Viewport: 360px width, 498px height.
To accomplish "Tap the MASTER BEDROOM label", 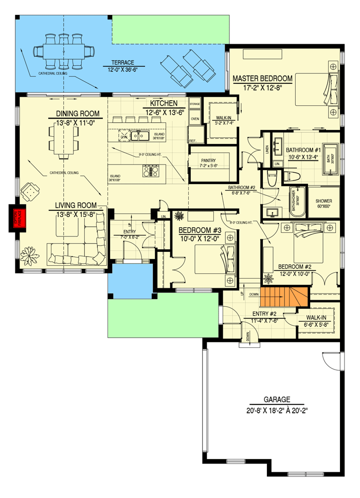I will tap(262, 79).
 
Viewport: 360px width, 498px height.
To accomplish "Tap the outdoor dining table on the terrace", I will tap(64, 51).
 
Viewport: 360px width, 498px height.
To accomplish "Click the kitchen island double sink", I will tap(140, 136).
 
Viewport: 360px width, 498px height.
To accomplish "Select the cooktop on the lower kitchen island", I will tap(150, 171).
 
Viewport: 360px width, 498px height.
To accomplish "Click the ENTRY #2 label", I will tap(265, 314).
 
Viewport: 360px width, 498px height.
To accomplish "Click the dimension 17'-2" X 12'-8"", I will tap(262, 88).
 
